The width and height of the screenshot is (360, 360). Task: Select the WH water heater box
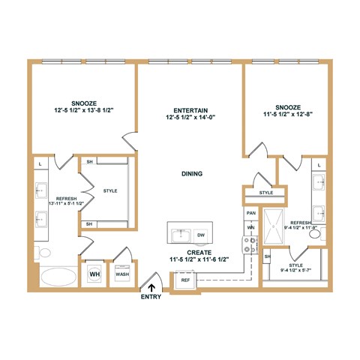tap(94, 274)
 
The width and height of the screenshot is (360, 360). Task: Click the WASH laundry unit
tap(121, 274)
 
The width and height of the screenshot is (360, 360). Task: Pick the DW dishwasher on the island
tap(200, 235)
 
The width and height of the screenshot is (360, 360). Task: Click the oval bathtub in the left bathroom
tap(58, 277)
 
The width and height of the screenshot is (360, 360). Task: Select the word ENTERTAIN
tap(189, 109)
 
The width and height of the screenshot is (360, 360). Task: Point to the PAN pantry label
tap(251, 213)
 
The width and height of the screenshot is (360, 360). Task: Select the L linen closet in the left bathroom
tap(39, 163)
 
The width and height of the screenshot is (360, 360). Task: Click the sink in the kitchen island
tap(178, 235)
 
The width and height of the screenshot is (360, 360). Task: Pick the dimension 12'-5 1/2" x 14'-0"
tap(189, 117)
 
